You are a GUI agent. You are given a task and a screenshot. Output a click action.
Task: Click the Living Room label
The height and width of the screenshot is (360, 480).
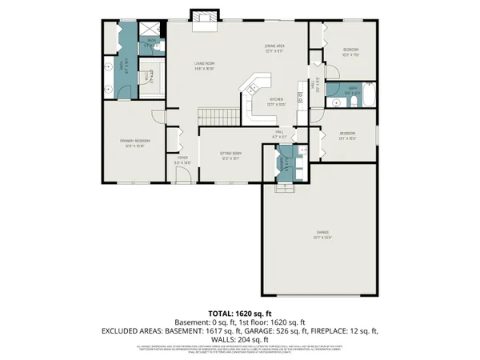[x=206, y=66]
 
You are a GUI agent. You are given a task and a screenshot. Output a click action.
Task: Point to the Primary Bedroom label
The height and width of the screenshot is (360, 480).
[x=136, y=144]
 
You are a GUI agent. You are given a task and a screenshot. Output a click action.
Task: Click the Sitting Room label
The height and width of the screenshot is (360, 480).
[x=231, y=154]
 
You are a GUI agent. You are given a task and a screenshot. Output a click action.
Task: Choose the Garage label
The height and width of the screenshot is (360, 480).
[x=322, y=235]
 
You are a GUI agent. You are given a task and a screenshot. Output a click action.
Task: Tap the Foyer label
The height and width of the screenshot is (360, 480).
[x=182, y=160]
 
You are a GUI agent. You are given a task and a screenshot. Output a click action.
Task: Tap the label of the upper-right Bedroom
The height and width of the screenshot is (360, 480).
[x=349, y=51]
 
